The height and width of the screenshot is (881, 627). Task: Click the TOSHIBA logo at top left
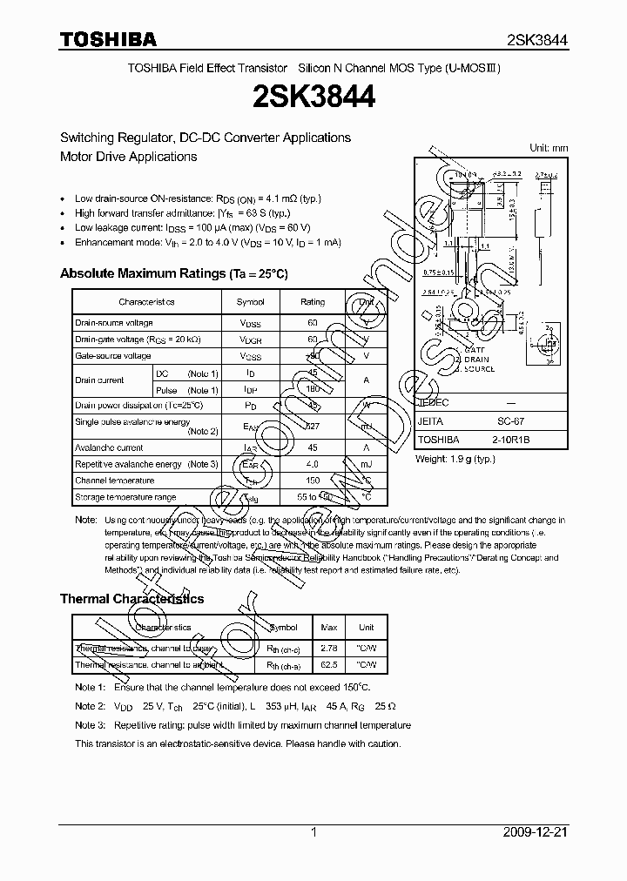pos(108,40)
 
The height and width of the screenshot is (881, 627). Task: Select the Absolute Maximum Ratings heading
pos(173,273)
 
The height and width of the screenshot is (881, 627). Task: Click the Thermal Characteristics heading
pos(131,599)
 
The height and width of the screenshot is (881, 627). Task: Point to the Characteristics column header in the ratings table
pos(146,302)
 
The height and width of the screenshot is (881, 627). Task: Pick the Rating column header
pos(313,302)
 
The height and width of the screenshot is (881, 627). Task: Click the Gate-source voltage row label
pos(113,356)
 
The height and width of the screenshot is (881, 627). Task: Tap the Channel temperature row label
pos(115,481)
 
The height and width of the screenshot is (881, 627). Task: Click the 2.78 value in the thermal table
pos(329,649)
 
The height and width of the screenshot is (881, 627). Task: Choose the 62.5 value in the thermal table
pos(329,665)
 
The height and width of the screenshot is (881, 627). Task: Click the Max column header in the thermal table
pos(329,628)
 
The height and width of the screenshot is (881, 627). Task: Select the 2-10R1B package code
pos(522,440)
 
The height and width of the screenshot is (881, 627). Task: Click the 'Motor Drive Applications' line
pos(128,157)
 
